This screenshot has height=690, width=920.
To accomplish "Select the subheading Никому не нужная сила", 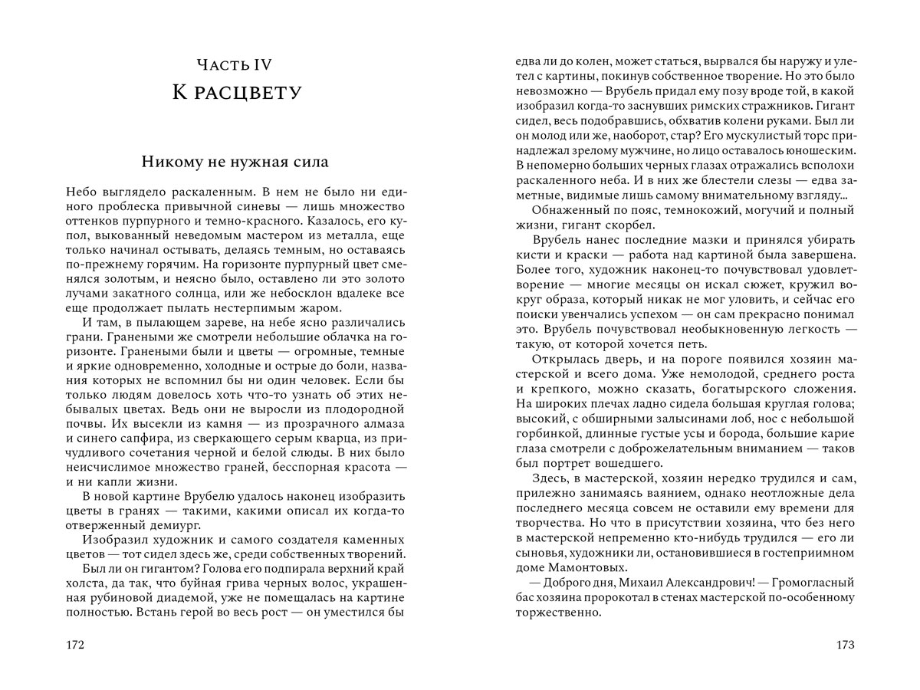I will point(235,163).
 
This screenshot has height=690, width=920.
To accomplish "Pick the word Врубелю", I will point(209,496).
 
